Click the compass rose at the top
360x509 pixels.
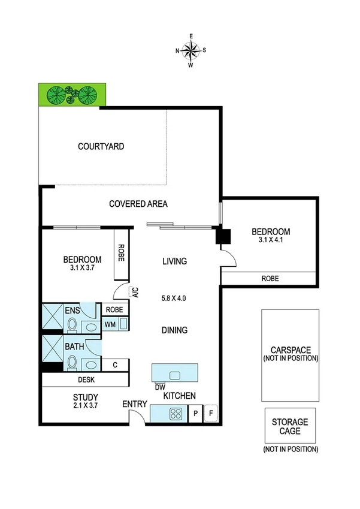click(191, 50)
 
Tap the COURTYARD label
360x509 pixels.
click(101, 146)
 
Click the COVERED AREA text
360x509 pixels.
click(138, 204)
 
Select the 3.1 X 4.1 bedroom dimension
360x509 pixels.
click(270, 240)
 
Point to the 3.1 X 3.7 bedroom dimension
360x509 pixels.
click(82, 268)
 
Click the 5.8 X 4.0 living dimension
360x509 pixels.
click(174, 297)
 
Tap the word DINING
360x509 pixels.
click(174, 330)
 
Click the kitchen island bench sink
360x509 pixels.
click(175, 375)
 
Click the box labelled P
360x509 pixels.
click(196, 414)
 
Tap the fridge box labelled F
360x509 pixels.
click(211, 414)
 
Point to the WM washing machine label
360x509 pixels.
click(110, 324)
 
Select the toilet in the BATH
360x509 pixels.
click(72, 362)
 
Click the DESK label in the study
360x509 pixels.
click(86, 380)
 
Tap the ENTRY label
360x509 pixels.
click(135, 404)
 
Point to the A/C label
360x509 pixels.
click(135, 293)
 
